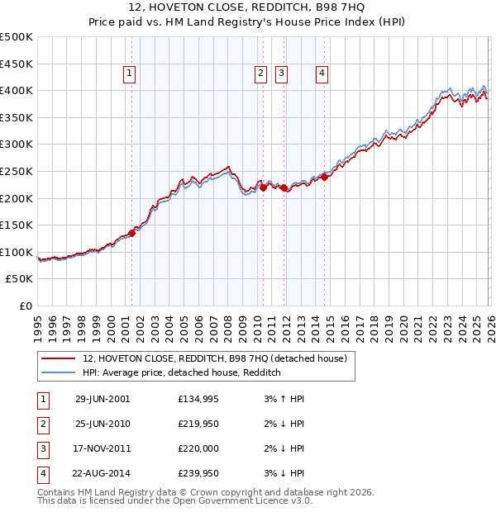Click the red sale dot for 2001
(x=131, y=233)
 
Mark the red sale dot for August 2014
(x=325, y=176)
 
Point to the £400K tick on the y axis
(x=17, y=90)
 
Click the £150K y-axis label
(x=17, y=225)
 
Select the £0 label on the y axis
(x=25, y=306)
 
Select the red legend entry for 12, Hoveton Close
(x=219, y=358)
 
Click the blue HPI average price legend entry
(x=182, y=373)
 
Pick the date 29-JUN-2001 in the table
(x=103, y=399)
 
